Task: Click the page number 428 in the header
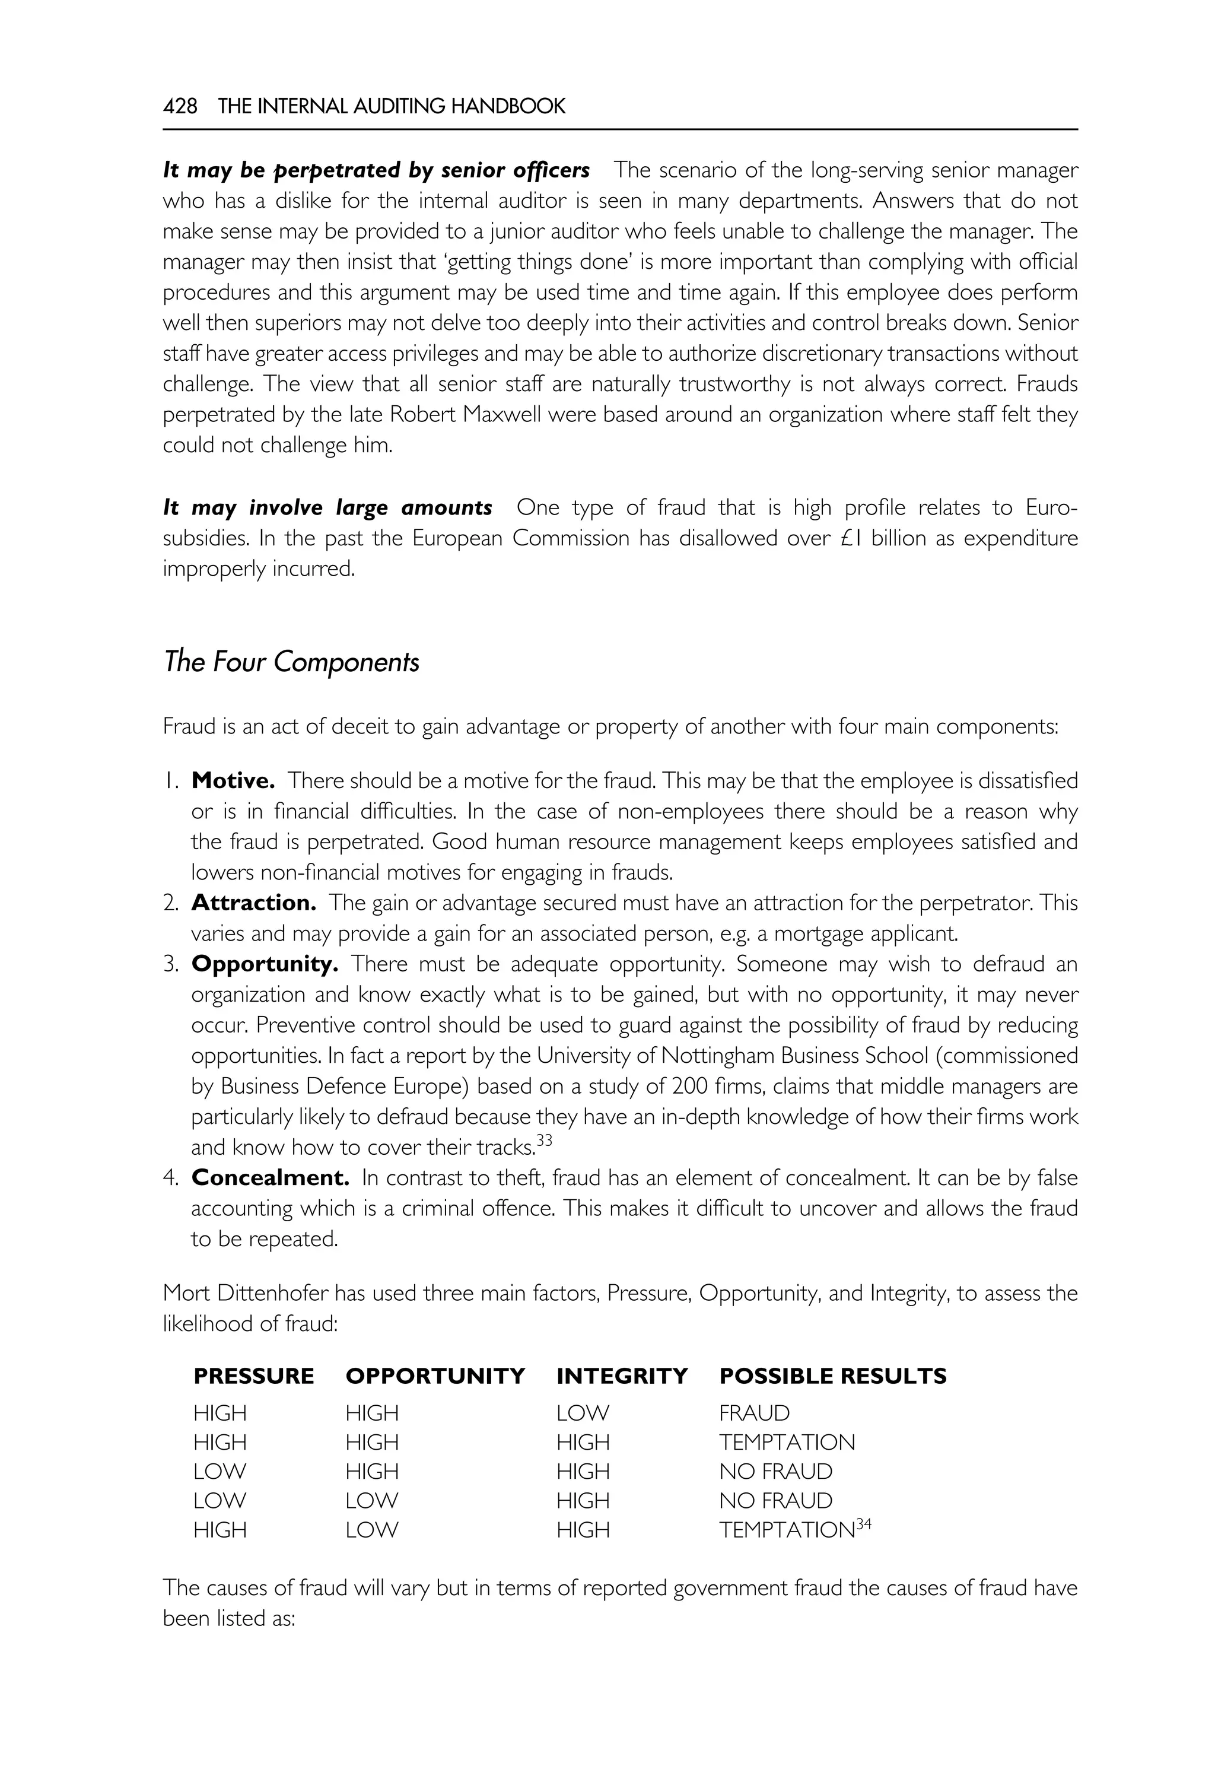click(180, 106)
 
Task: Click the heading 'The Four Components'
click(291, 662)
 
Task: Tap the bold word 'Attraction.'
click(253, 903)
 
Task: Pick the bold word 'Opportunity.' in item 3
click(264, 964)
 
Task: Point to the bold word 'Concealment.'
click(271, 1178)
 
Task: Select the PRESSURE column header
click(253, 1376)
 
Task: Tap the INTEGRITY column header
click(622, 1376)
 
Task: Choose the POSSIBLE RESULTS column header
click(833, 1376)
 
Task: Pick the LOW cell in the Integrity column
click(583, 1414)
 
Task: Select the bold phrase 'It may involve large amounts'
click(327, 508)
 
